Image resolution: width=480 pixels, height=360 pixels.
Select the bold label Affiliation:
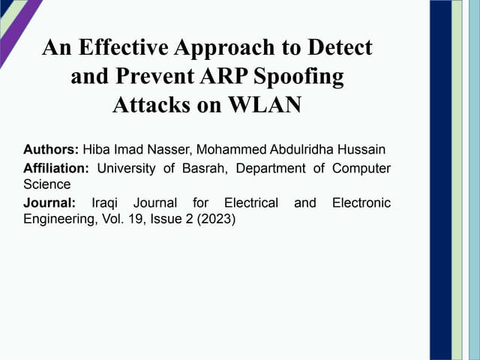point(56,169)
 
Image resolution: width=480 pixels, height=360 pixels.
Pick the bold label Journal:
point(49,203)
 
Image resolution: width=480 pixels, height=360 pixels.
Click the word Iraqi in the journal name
point(106,203)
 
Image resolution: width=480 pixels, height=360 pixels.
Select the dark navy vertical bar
point(440,180)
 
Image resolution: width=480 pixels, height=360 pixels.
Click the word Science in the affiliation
point(46,184)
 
